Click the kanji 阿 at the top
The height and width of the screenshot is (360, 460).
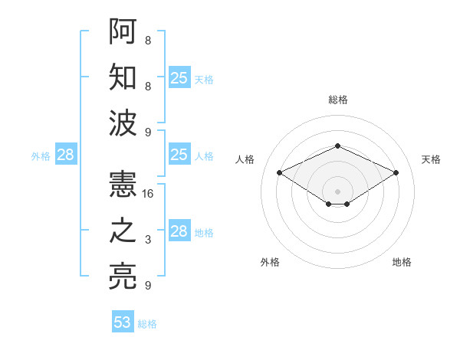click(x=123, y=31)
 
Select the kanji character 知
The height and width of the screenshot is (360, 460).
click(x=123, y=77)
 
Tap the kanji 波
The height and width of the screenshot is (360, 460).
click(x=123, y=123)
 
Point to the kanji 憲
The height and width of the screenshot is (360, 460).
click(x=123, y=185)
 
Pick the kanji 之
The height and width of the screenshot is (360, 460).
click(x=123, y=231)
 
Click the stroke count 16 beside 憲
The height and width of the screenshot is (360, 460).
click(x=149, y=194)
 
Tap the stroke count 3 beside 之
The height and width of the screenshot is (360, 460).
click(x=148, y=240)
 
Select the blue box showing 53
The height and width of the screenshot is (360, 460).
click(x=123, y=322)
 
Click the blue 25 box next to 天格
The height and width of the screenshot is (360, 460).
click(x=179, y=77)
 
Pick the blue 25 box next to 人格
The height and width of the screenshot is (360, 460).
click(x=179, y=155)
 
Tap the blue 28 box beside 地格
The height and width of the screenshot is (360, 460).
click(x=179, y=231)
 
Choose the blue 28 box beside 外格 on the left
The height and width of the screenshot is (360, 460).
click(x=66, y=155)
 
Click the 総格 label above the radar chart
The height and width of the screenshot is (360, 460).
click(x=337, y=100)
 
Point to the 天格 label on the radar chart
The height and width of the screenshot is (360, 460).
click(x=432, y=159)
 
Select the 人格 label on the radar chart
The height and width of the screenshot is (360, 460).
click(x=245, y=159)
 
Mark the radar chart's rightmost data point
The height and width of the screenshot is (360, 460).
click(x=396, y=173)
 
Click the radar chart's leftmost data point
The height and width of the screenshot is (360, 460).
click(x=280, y=173)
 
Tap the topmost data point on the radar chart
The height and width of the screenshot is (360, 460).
click(x=337, y=146)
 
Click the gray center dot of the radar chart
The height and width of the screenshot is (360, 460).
click(x=337, y=191)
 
